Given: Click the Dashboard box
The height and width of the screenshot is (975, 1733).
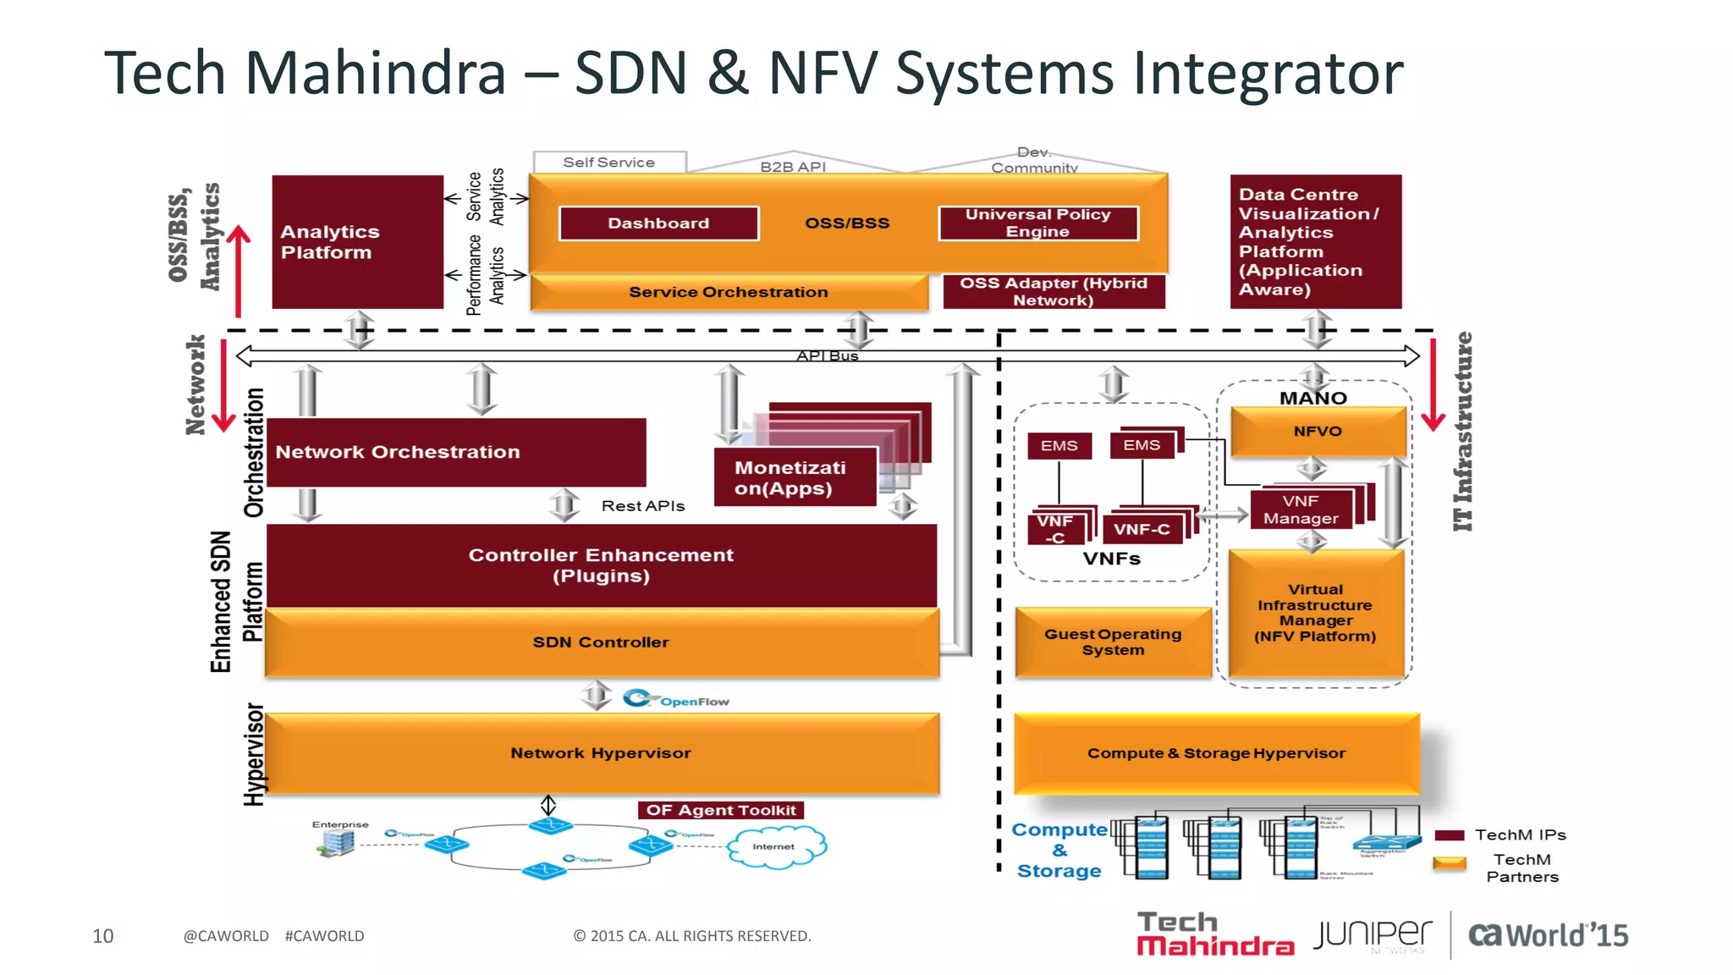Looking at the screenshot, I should (x=658, y=223).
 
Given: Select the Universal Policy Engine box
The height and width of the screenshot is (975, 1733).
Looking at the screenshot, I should (x=1037, y=223).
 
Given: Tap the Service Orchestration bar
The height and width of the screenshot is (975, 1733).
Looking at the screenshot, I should (x=728, y=292).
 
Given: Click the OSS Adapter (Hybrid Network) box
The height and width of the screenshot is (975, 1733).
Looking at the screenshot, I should (x=1054, y=292).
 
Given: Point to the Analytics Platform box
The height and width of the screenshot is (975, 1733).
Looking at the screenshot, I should (x=357, y=242).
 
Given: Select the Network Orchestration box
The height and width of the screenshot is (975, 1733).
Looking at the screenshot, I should (x=455, y=452).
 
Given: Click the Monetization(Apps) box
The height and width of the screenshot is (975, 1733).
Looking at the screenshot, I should (x=794, y=478).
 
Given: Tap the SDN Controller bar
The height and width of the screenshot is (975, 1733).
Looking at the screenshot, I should (x=601, y=642).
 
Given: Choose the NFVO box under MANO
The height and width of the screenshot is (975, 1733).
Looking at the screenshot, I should (x=1318, y=432).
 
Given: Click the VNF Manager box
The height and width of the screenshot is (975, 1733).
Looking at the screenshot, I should (x=1301, y=510).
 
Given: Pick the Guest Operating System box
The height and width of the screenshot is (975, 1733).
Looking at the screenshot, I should (x=1113, y=642).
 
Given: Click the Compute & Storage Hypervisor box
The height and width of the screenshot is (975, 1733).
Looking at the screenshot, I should (x=1216, y=753).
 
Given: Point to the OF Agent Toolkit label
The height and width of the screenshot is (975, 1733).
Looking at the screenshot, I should (x=721, y=810).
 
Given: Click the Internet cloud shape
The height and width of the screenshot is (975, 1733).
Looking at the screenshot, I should (x=775, y=846).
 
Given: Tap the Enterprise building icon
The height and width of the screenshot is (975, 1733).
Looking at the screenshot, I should (x=338, y=842).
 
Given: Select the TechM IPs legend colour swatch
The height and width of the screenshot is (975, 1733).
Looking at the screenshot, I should (x=1450, y=835).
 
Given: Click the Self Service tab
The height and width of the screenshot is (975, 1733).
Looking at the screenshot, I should (x=608, y=162).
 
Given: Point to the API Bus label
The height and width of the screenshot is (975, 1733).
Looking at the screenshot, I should (x=827, y=356).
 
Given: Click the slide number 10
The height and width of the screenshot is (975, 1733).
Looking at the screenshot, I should (x=102, y=936).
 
